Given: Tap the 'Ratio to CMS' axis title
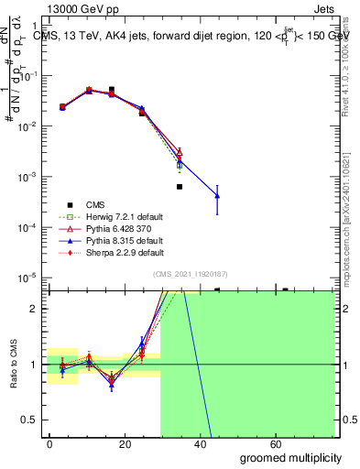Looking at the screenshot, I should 13,365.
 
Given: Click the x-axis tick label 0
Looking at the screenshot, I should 49,442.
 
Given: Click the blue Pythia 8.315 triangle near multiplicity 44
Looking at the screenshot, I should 217,194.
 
